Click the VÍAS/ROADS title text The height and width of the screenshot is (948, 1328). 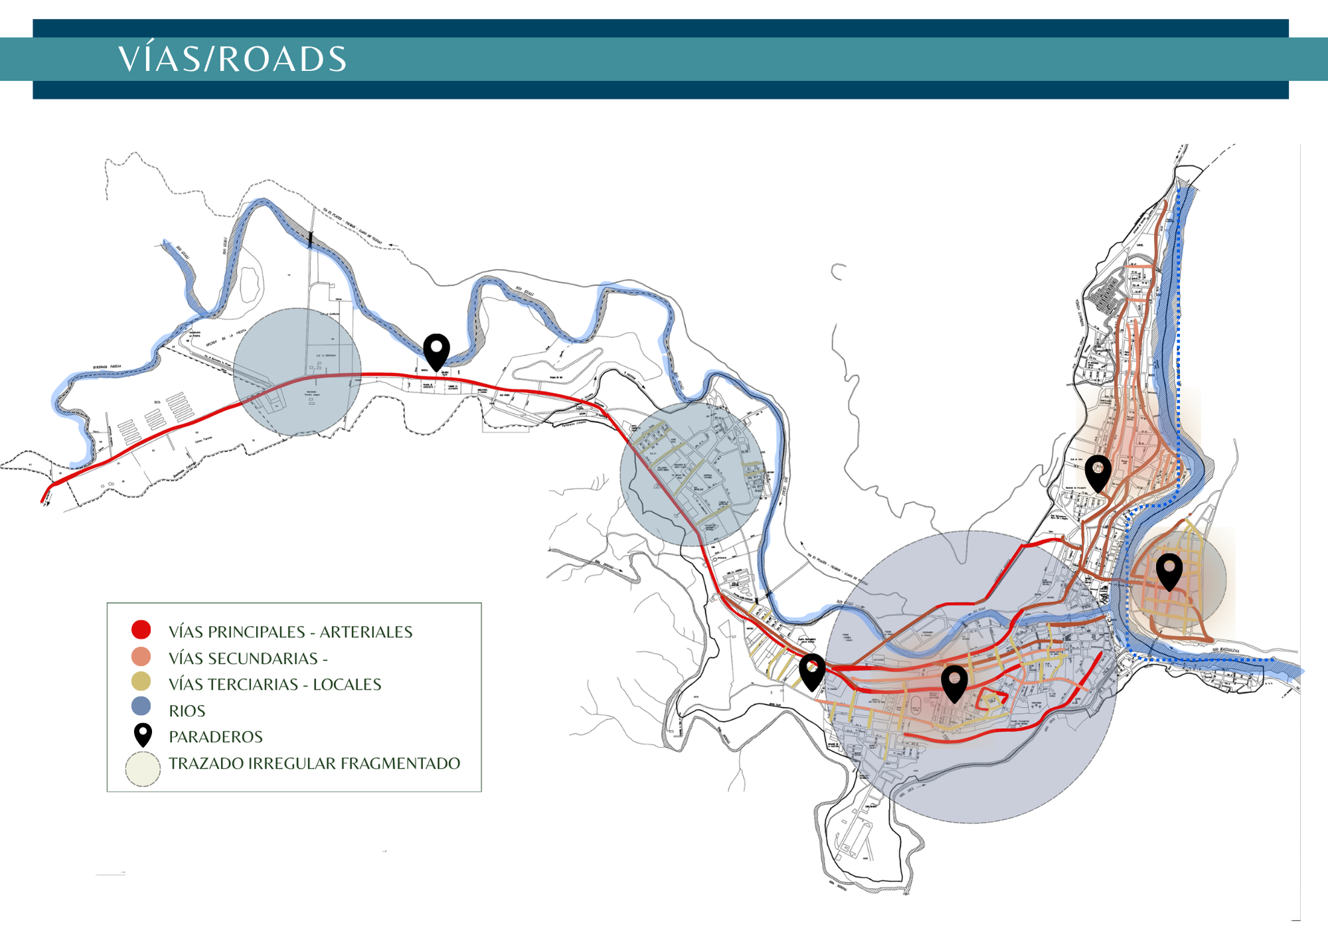click(232, 59)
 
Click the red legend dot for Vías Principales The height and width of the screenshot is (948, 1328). click(141, 629)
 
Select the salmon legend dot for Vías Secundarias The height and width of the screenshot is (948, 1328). click(141, 657)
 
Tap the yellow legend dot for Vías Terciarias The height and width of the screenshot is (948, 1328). click(141, 682)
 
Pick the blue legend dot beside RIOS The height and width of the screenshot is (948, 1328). click(141, 706)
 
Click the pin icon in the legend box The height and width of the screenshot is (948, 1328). click(143, 734)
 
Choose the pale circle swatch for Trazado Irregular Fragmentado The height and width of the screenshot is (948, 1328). click(143, 769)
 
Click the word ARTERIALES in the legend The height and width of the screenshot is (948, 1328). click(366, 632)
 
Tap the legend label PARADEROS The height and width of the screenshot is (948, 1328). click(216, 737)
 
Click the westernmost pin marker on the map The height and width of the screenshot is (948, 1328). click(436, 351)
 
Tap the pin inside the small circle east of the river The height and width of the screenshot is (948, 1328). click(1169, 570)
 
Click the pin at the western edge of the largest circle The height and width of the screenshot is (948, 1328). click(812, 671)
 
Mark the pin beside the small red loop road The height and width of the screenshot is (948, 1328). click(954, 682)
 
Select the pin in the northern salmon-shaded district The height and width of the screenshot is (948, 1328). click(1098, 471)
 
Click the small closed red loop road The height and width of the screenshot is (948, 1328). click(993, 699)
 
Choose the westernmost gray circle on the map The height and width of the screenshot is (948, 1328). click(297, 372)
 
